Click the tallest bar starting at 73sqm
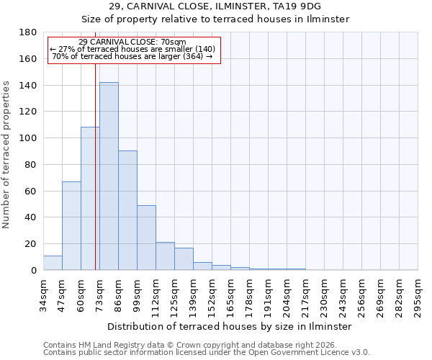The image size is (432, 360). (x=109, y=176)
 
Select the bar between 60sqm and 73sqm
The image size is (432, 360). (x=90, y=199)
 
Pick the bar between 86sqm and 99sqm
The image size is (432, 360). (x=127, y=210)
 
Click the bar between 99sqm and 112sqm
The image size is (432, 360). (x=146, y=238)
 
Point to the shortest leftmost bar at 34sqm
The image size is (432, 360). (x=53, y=263)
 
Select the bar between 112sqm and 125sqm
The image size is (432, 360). (x=165, y=256)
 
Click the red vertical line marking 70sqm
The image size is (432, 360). (x=95, y=180)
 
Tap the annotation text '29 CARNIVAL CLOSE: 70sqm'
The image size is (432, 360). (x=132, y=42)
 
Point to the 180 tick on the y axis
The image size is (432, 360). (x=28, y=32)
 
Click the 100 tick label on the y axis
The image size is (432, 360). (x=28, y=138)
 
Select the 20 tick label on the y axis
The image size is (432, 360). (x=32, y=244)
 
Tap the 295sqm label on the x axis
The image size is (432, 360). (x=418, y=294)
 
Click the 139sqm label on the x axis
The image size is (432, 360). (x=194, y=294)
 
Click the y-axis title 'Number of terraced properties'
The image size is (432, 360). (x=7, y=155)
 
